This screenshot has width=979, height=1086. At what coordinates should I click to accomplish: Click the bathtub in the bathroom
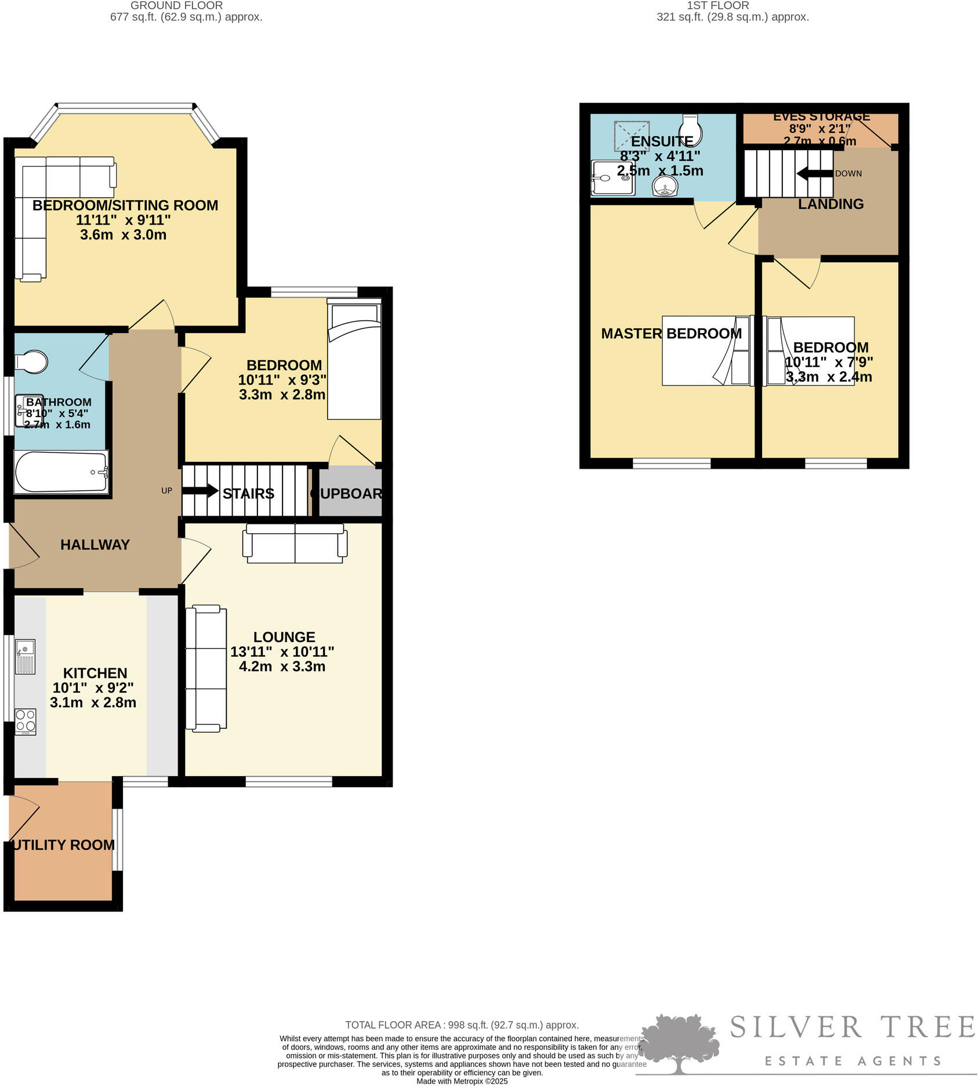coord(61,472)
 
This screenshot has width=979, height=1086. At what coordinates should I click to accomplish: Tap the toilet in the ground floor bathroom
coord(32,361)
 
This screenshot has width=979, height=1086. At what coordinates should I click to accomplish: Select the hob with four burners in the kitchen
coord(26,721)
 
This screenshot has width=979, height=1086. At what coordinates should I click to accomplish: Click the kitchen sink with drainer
coord(26,656)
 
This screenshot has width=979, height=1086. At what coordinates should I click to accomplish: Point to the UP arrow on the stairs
coord(201,491)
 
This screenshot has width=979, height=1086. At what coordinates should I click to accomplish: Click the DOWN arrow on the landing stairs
coord(815,173)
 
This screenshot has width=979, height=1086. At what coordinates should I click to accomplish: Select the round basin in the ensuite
coord(665,187)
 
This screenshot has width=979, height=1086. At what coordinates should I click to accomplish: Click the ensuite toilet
coord(691,130)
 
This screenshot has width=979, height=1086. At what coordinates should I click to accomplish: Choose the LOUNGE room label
coord(284,637)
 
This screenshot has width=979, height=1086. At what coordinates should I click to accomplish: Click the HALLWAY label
coord(95,544)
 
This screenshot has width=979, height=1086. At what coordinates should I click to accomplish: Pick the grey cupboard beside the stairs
coord(350,492)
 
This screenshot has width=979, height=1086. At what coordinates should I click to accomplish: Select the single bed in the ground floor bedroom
coord(354,360)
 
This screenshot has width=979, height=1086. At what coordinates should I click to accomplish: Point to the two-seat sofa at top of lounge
coord(295,543)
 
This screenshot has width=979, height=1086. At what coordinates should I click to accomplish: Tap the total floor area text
coord(462,1025)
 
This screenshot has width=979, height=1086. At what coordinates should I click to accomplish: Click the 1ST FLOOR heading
coord(718,6)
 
